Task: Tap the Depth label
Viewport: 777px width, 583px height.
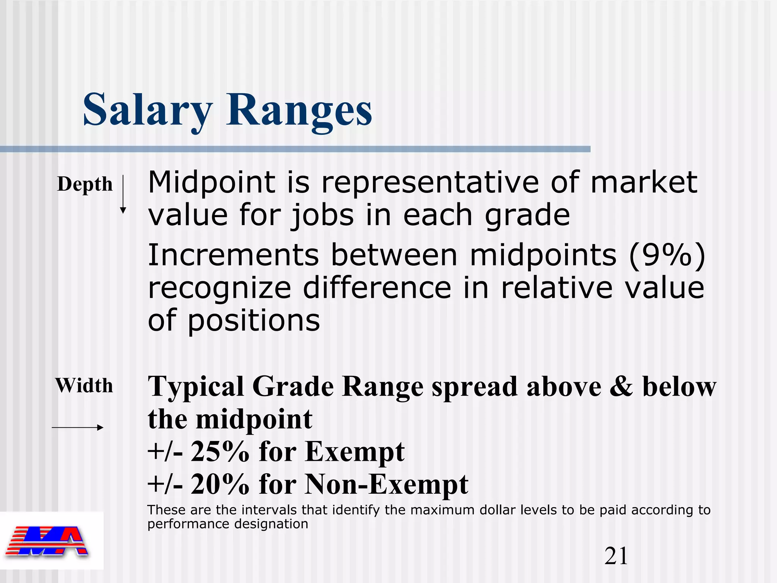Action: (x=85, y=184)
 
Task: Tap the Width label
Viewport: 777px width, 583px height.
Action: (x=84, y=386)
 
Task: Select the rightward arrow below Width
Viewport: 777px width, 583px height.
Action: (x=77, y=428)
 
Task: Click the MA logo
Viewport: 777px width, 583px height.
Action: (x=47, y=541)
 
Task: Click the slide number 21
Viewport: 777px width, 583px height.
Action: (x=616, y=556)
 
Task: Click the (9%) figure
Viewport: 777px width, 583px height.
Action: (x=667, y=255)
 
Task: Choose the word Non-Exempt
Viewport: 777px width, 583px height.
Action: (x=386, y=485)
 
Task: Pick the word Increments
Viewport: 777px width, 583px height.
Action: (x=233, y=255)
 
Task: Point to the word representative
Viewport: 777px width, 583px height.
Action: (x=430, y=183)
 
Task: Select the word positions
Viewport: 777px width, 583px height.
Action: (x=254, y=321)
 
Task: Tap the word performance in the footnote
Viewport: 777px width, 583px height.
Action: (x=187, y=525)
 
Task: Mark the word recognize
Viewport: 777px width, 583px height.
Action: (x=219, y=288)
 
